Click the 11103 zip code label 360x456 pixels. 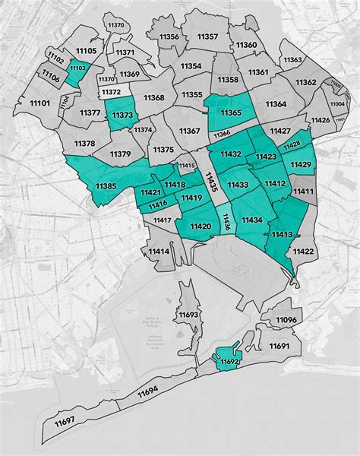click(78, 68)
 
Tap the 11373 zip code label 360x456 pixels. click(122, 115)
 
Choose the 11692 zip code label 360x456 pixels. click(229, 363)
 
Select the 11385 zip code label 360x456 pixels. click(106, 186)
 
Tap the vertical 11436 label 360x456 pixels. click(226, 222)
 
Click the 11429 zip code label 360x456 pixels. click(301, 164)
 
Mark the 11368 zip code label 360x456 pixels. click(153, 97)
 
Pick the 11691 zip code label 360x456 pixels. click(279, 346)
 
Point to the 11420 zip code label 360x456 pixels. click(201, 226)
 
